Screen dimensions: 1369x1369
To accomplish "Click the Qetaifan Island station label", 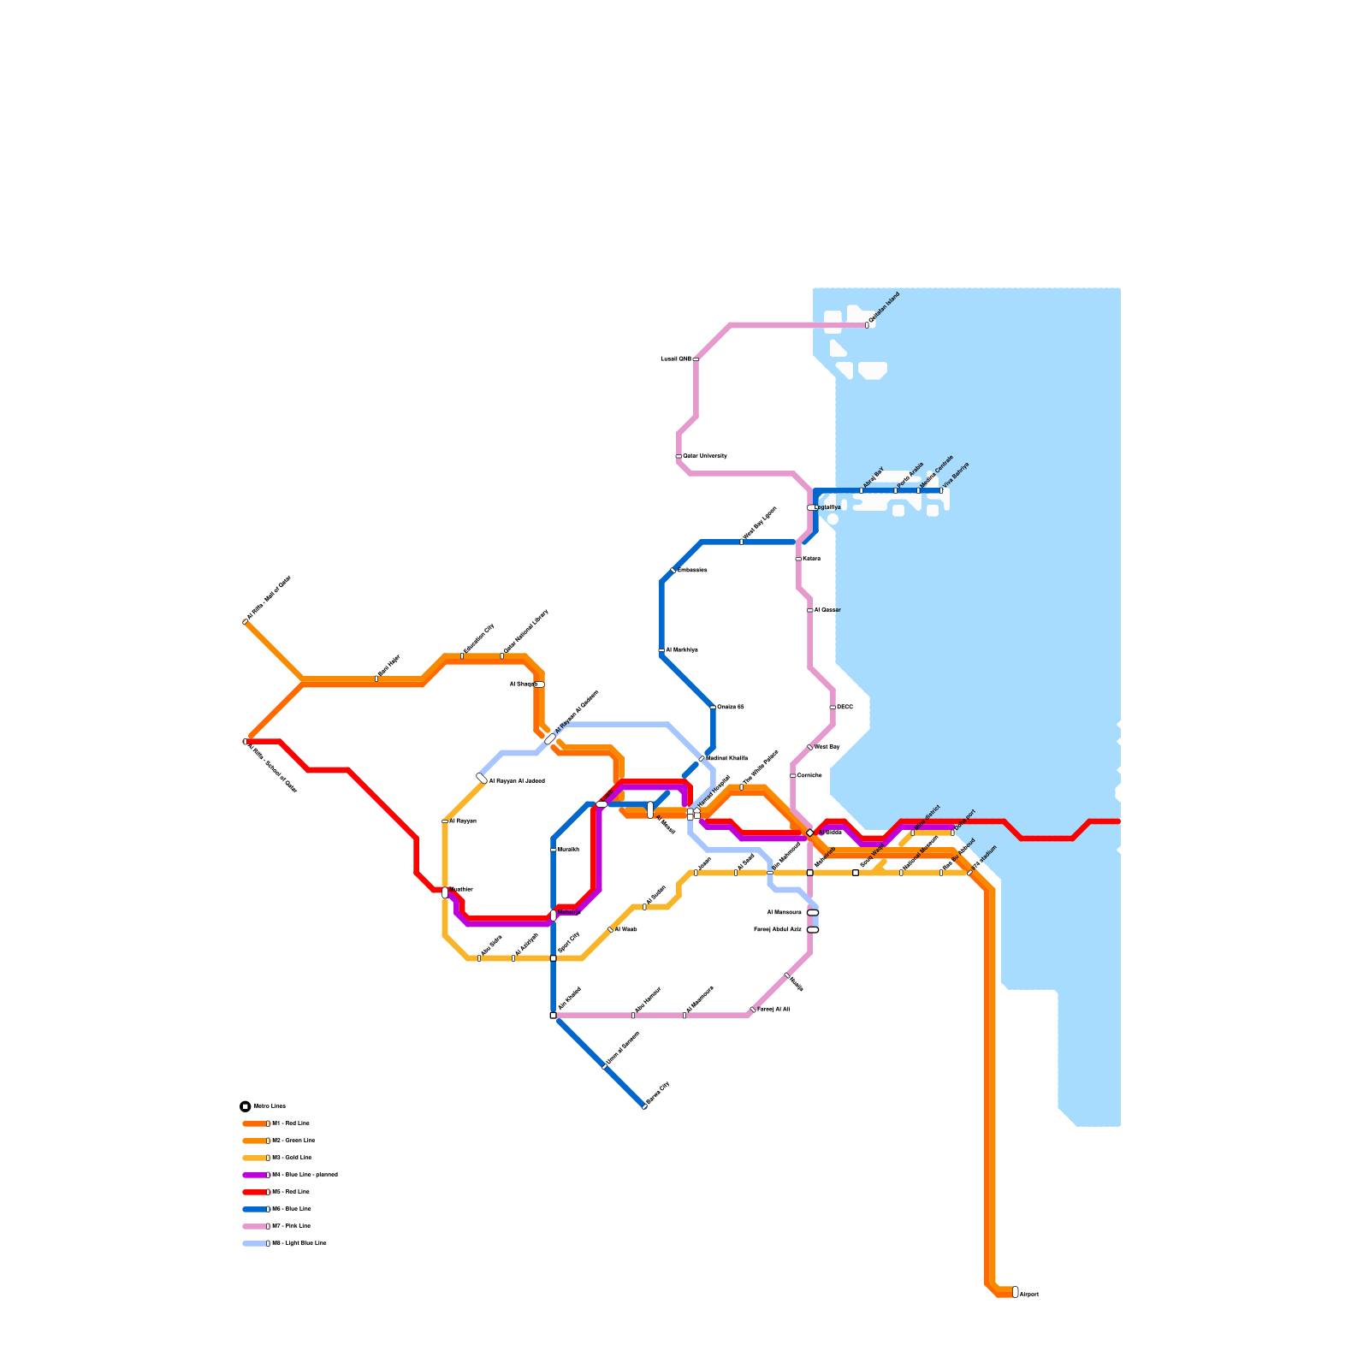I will (884, 308).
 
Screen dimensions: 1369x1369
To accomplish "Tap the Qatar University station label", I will (705, 456).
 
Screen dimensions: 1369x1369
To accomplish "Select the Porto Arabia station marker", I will (896, 490).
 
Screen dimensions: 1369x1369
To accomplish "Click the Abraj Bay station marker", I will (862, 490).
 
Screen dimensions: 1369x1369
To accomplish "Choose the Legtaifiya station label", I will (828, 507).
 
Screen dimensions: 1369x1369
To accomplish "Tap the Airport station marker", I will (1016, 1292).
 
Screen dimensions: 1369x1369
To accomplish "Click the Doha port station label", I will (966, 818).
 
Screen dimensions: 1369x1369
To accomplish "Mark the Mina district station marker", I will (913, 833).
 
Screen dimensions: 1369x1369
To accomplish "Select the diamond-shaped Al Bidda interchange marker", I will (810, 833).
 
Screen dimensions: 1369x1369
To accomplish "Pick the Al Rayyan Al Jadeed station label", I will (517, 781).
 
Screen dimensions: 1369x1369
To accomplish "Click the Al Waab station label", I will (625, 929).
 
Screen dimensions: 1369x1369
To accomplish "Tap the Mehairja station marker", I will (554, 915).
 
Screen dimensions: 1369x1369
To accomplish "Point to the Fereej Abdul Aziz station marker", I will (813, 930).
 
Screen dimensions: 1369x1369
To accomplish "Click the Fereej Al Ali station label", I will (773, 1010).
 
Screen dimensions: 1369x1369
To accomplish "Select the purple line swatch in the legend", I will (255, 1175).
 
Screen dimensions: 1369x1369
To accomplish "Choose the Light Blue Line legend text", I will (299, 1243).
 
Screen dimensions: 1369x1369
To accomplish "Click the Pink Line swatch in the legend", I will (255, 1226).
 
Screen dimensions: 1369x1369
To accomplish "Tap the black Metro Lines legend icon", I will (246, 1106).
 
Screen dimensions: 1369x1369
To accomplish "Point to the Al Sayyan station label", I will (463, 821).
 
